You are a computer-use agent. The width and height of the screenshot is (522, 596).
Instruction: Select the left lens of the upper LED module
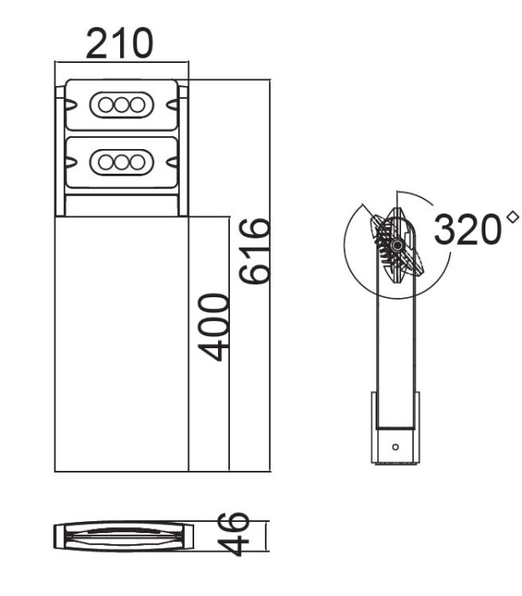pos(107,105)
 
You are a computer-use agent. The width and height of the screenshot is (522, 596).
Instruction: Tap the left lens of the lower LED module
pos(107,160)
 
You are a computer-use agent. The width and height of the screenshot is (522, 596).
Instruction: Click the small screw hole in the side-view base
pos(394,446)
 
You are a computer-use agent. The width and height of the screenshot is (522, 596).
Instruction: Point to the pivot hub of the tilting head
pos(397,245)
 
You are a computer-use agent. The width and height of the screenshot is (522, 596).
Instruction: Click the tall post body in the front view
pos(121,341)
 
